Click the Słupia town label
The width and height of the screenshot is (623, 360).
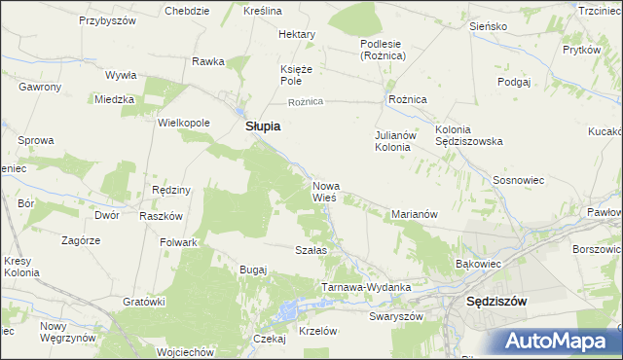[x=262, y=126]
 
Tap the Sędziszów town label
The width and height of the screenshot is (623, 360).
[x=496, y=301]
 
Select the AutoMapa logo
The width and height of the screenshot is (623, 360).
[x=562, y=341]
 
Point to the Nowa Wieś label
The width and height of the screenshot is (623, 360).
[x=325, y=191]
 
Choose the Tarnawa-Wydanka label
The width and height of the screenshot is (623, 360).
[x=366, y=288]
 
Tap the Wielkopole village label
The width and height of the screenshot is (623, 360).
[x=184, y=124]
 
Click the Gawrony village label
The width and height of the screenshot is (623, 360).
[x=40, y=87]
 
